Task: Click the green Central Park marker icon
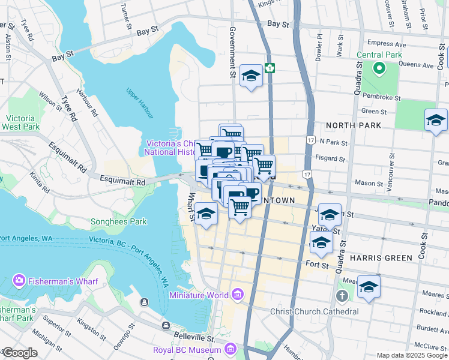tap(379, 68)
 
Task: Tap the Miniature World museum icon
tap(238, 295)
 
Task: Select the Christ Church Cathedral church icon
tap(342, 296)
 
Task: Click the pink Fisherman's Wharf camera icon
tap(19, 280)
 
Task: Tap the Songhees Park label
tap(118, 221)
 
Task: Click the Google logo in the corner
tap(19, 353)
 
